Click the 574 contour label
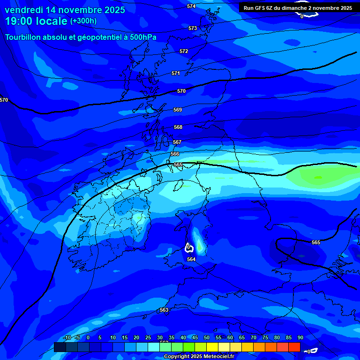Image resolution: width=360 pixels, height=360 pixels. pos(191,6)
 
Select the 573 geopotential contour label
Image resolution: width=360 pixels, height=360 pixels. pos(193,29)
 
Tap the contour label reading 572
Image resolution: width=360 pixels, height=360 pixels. pos(184,51)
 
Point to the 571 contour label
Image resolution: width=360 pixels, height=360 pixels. pos(176,74)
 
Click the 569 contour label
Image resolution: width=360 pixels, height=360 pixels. pos(178,110)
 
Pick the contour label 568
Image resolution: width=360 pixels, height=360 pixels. pos(178,127)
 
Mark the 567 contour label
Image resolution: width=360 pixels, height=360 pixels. pos(177,142)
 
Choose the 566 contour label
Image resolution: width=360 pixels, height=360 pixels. pos(175,154)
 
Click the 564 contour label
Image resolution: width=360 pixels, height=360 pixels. pos(191,259)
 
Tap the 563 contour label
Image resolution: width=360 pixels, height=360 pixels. pos(164,310)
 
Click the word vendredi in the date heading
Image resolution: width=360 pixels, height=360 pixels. pos(23,10)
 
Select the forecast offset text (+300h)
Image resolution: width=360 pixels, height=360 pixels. pos(83,21)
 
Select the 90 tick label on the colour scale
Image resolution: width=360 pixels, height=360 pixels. pos(300,338)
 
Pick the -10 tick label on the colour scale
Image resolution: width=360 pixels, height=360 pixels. pos(67,338)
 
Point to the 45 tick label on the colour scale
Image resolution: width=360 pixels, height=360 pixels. pos(195,338)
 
